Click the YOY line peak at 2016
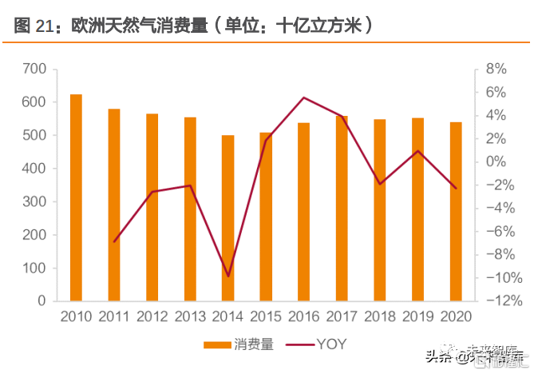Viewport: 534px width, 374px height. (x=304, y=97)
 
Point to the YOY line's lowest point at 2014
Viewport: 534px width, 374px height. (x=228, y=277)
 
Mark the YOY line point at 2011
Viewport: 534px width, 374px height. (x=114, y=241)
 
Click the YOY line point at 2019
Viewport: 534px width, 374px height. (x=418, y=150)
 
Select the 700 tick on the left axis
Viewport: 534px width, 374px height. (x=35, y=70)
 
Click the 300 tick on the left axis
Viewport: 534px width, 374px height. (x=35, y=202)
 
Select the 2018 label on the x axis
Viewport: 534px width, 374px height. (x=381, y=316)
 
